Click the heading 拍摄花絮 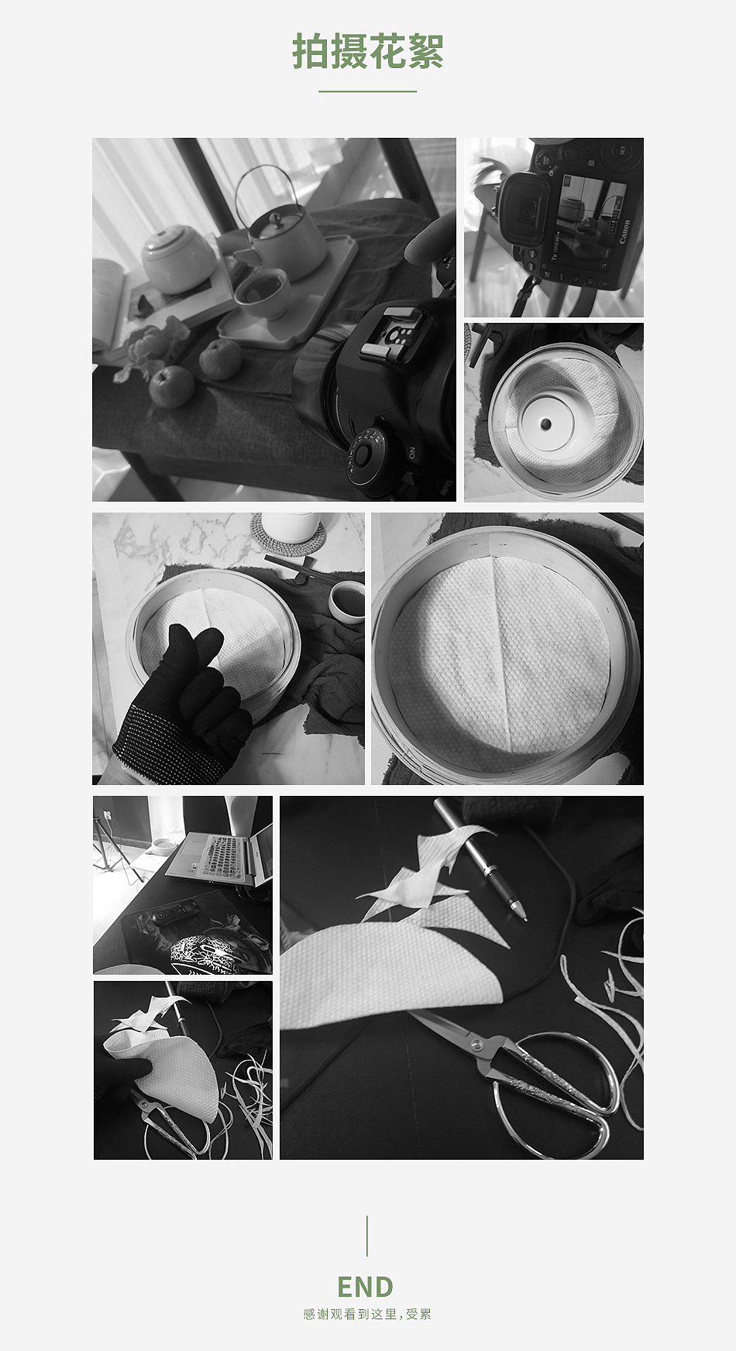click(x=368, y=52)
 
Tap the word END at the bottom click(x=366, y=1287)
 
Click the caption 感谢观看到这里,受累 click(x=367, y=1314)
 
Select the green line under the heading click(x=368, y=91)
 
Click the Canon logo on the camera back click(x=624, y=231)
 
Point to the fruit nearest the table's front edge click(x=171, y=386)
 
